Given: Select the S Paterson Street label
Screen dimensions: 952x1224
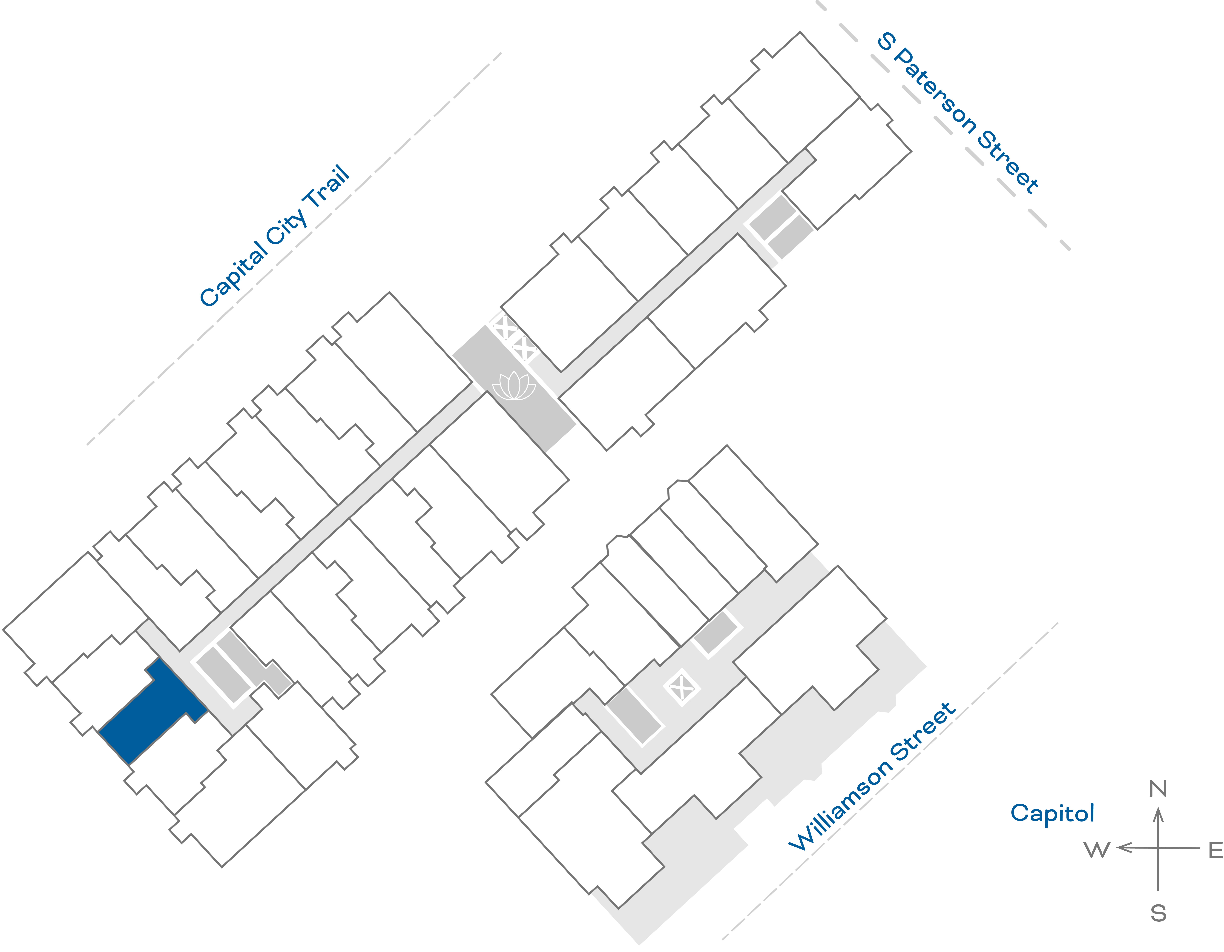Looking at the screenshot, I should [958, 112].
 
